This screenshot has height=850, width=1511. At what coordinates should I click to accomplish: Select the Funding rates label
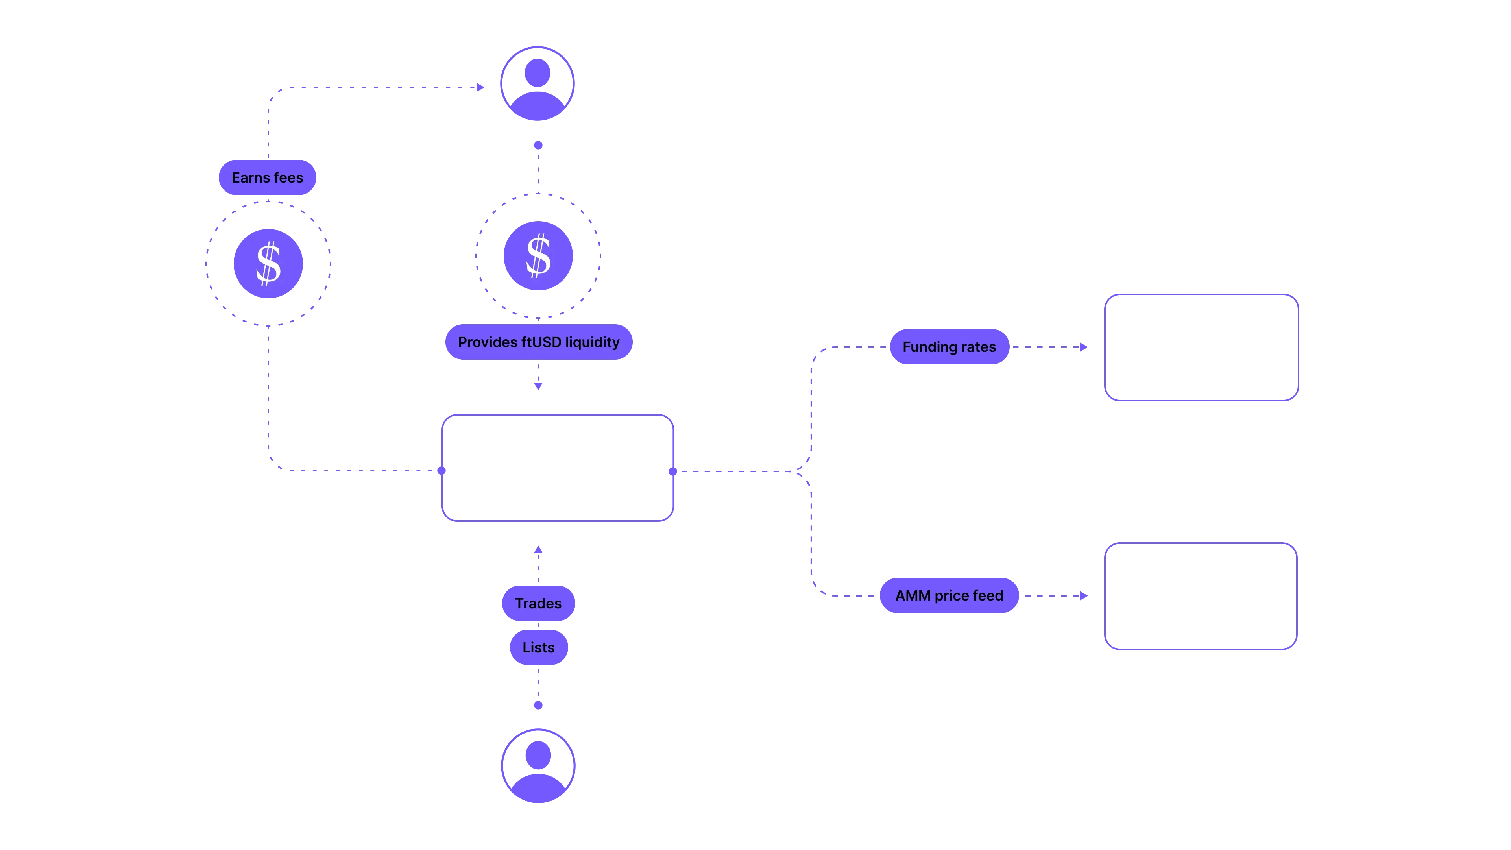pos(949,347)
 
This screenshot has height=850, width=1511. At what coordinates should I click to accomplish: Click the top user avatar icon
pos(537,83)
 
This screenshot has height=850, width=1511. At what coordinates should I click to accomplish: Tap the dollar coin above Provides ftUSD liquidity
pos(538,256)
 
